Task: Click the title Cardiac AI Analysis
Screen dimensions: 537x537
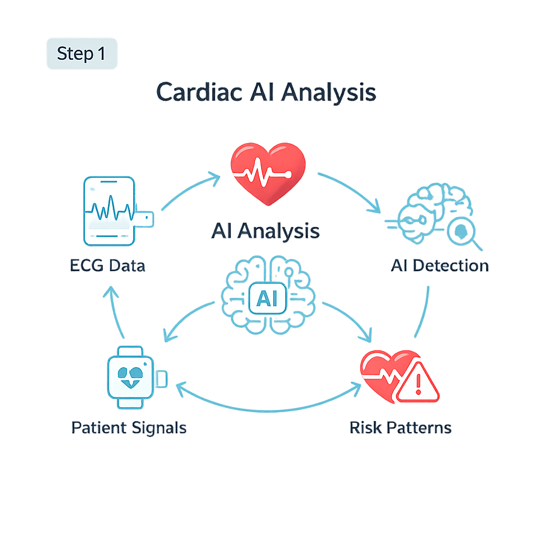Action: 266,92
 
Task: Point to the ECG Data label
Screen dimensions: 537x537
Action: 108,265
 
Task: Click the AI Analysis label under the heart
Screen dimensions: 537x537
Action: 265,231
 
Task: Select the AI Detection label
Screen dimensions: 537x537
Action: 439,265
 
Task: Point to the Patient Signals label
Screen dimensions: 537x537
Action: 129,427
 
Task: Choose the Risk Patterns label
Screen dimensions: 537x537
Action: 400,427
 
